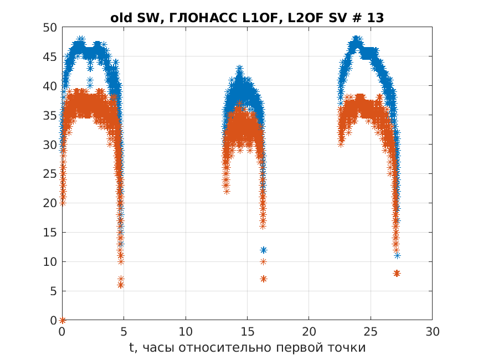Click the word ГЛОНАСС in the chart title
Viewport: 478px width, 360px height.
click(203, 18)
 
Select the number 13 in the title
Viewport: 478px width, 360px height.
click(376, 18)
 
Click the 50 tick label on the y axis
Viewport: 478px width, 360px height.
click(50, 28)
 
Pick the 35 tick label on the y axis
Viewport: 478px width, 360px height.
click(50, 116)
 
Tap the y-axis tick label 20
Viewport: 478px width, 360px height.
click(50, 203)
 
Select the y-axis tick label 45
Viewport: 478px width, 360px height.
click(50, 56)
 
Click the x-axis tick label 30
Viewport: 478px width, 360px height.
click(432, 331)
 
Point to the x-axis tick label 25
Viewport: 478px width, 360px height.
click(371, 331)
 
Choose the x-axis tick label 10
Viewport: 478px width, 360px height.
click(186, 331)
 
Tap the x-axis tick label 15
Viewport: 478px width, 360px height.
click(247, 331)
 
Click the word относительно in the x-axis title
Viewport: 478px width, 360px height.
click(226, 348)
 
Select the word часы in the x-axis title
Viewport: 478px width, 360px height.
click(158, 348)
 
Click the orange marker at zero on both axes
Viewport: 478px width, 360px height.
click(63, 320)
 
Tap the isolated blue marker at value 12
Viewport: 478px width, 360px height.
click(264, 250)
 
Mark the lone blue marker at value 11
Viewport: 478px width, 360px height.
click(397, 255)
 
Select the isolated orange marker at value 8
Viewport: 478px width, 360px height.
click(397, 273)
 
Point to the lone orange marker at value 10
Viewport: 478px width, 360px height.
click(264, 261)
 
